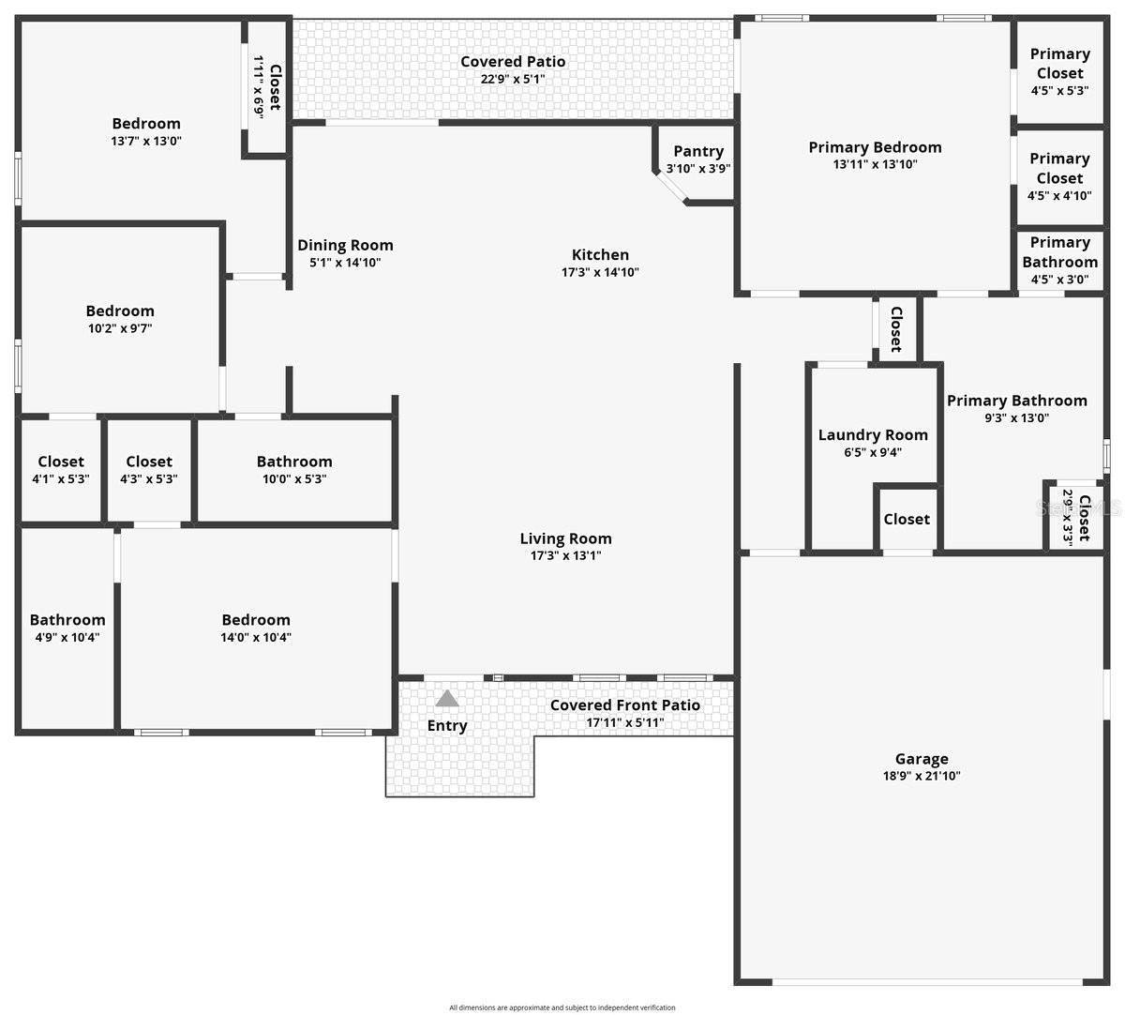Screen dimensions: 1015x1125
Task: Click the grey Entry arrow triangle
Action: [x=447, y=699]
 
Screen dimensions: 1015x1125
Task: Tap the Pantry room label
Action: [x=698, y=151]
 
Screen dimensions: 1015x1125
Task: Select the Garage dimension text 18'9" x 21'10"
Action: [x=922, y=776]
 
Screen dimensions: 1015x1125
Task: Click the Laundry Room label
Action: [x=873, y=434]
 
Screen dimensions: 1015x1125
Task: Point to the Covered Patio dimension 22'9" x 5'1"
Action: [x=513, y=79]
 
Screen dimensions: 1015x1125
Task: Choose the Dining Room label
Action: [x=345, y=245]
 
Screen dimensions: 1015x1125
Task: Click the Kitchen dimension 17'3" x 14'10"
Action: [x=600, y=272]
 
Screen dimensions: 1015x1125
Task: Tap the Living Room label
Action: [x=565, y=538]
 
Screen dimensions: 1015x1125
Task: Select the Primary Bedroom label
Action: [x=875, y=147]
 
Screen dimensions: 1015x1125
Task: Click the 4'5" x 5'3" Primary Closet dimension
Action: [x=1059, y=91]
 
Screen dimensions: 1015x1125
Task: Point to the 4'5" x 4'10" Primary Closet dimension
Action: [x=1059, y=196]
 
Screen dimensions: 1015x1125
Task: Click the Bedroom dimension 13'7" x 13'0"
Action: [x=146, y=141]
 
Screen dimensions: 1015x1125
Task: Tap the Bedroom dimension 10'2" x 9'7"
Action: [x=120, y=328]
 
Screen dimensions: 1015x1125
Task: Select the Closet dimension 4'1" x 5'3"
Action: [x=61, y=478]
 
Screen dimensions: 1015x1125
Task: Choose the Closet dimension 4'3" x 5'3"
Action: [x=149, y=478]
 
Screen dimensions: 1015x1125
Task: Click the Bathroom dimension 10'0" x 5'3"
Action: [x=294, y=478]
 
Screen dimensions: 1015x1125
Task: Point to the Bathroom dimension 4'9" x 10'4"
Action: [x=67, y=637]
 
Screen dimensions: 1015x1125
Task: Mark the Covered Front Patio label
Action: [x=624, y=705]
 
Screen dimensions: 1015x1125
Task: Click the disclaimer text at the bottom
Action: [x=562, y=1007]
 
